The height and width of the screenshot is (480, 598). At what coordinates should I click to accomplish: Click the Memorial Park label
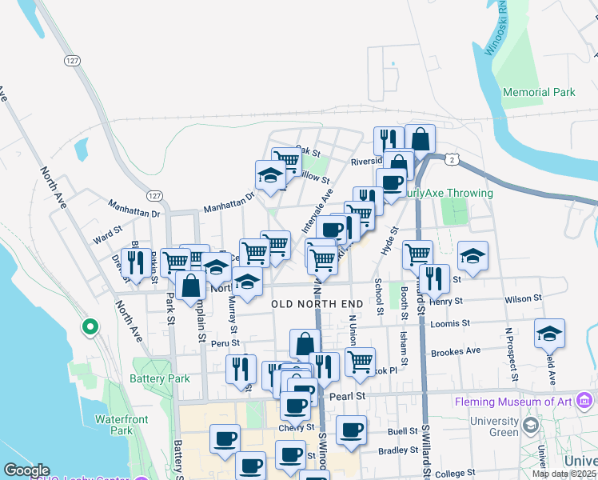coord(539,92)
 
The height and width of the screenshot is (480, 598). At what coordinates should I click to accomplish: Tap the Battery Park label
coord(161,378)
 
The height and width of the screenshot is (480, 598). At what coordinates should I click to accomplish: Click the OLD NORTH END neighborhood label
coord(317,304)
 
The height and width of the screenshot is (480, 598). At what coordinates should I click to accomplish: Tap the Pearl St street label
coord(347,395)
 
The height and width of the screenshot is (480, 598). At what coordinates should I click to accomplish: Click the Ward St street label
coord(106,238)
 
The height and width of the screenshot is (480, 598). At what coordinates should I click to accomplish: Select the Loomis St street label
coord(450,323)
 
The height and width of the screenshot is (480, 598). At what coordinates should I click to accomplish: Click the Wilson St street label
coord(523,298)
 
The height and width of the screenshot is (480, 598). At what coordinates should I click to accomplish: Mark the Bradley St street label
coord(393,450)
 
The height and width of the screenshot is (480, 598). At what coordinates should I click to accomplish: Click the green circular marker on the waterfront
coord(90,326)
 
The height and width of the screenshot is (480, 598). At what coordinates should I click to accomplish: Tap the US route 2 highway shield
coord(453,160)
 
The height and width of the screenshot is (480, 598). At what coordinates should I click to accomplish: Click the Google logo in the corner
coord(26,470)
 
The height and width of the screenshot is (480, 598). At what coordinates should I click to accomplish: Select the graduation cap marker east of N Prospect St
coord(549,333)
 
